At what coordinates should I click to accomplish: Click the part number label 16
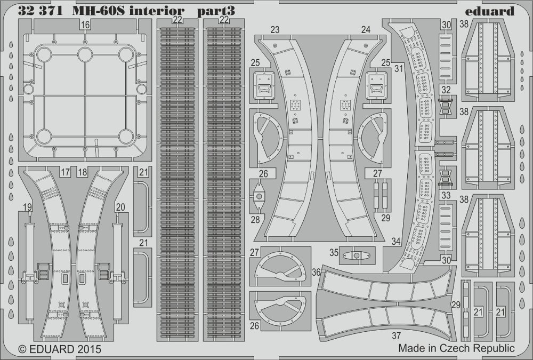coord(85,25)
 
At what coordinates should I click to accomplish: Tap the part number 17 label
coord(65,172)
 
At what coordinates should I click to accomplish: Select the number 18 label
coord(82,172)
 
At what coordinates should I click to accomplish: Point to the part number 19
coord(28,207)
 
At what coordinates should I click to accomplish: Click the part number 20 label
coord(120,207)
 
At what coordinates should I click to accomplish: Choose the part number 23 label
coord(275,30)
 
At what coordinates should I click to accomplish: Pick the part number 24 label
coord(366,30)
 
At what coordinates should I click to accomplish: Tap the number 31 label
coord(399,68)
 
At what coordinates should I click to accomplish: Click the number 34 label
coord(396,241)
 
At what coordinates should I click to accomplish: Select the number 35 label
coord(334,253)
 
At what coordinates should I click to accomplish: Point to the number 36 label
coord(316,272)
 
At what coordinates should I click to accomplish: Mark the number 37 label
coord(397,336)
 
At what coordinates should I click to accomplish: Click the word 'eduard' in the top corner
coord(489,11)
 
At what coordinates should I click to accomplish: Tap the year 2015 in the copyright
coord(89,349)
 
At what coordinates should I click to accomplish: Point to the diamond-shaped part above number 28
coord(259,196)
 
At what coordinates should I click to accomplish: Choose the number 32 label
coord(446,90)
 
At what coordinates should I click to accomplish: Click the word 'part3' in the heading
coord(216,12)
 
